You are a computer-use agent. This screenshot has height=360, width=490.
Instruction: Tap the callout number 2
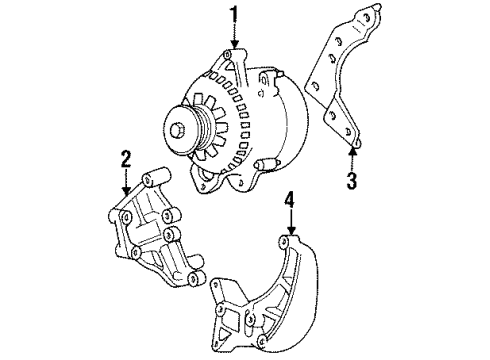tap(126, 157)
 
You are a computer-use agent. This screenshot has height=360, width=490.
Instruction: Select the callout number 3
tap(351, 181)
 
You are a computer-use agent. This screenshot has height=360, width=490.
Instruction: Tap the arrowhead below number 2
tap(126, 189)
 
